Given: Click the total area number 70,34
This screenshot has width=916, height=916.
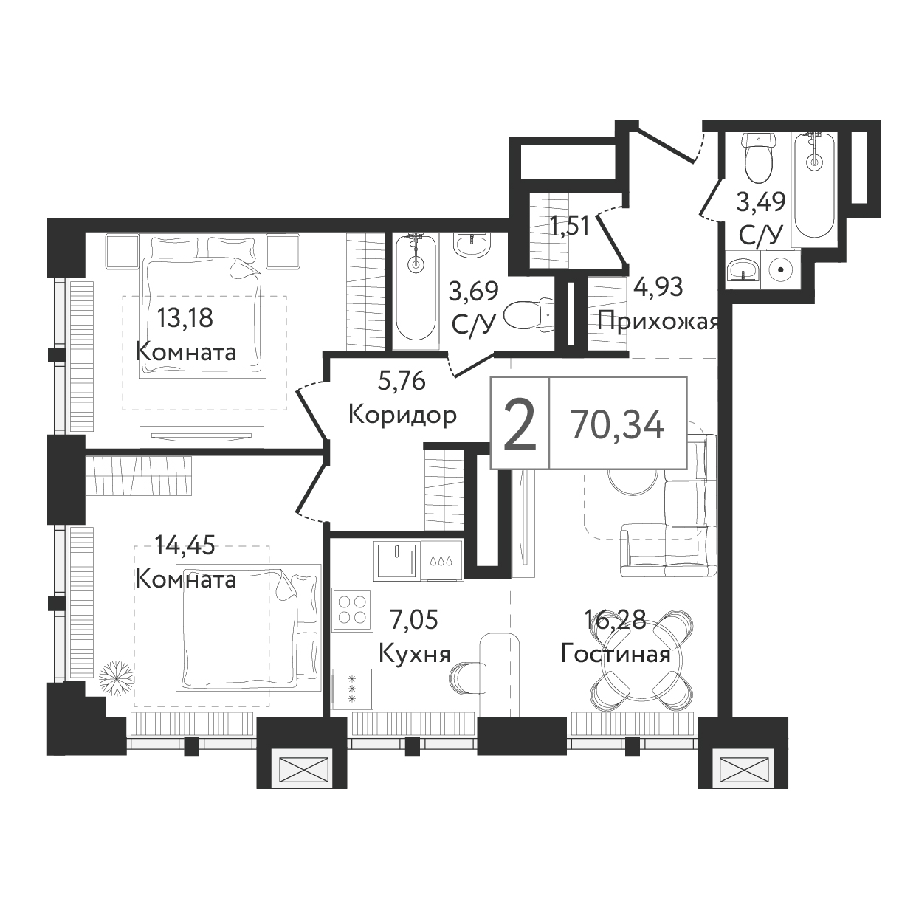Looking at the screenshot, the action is (618, 425).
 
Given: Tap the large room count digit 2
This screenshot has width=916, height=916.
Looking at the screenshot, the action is (520, 425).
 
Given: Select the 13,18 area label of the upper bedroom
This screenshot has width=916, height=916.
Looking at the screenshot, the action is (185, 318).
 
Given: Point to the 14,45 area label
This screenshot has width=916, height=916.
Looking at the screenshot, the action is (185, 545).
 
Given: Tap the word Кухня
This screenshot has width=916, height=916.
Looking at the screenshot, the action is (415, 655).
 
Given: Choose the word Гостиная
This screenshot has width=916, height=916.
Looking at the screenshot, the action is (616, 654).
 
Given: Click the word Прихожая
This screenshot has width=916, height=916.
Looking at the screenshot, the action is (658, 323).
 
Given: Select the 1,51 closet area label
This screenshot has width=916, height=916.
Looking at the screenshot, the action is (570, 227).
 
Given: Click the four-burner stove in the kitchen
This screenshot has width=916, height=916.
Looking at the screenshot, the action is (352, 610).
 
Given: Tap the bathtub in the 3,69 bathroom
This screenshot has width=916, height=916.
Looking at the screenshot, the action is (416, 287).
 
